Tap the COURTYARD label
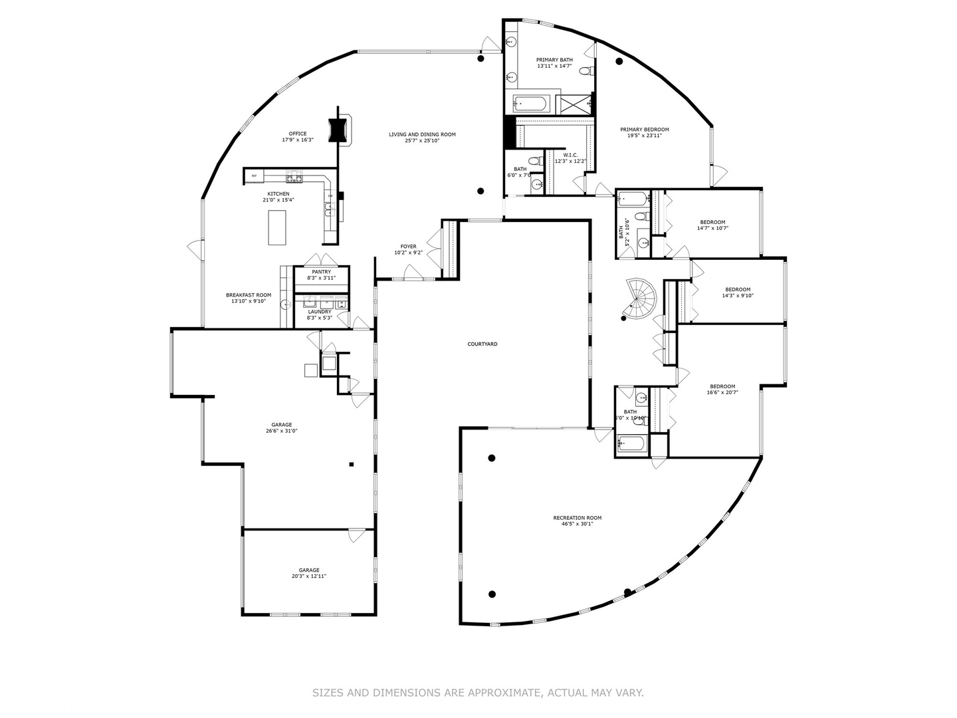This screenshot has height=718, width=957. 482,344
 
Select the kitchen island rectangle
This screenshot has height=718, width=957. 277,227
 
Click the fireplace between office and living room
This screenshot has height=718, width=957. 340,128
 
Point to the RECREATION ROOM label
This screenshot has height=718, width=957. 577,518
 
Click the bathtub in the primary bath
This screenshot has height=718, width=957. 530,104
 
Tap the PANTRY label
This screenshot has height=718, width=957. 321,272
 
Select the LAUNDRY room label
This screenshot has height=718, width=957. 320,311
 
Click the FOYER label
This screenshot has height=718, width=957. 408,247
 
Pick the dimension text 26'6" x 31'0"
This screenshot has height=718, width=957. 281,431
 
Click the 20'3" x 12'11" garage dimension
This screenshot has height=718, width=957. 308,576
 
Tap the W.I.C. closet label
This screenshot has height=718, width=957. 570,155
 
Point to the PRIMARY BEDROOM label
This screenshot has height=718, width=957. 644,130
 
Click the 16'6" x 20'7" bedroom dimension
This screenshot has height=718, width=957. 722,392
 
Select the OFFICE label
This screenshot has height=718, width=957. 298,134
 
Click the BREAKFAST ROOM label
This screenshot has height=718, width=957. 249,295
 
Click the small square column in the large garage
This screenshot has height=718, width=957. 352,465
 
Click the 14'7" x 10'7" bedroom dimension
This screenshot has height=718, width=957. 712,228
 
